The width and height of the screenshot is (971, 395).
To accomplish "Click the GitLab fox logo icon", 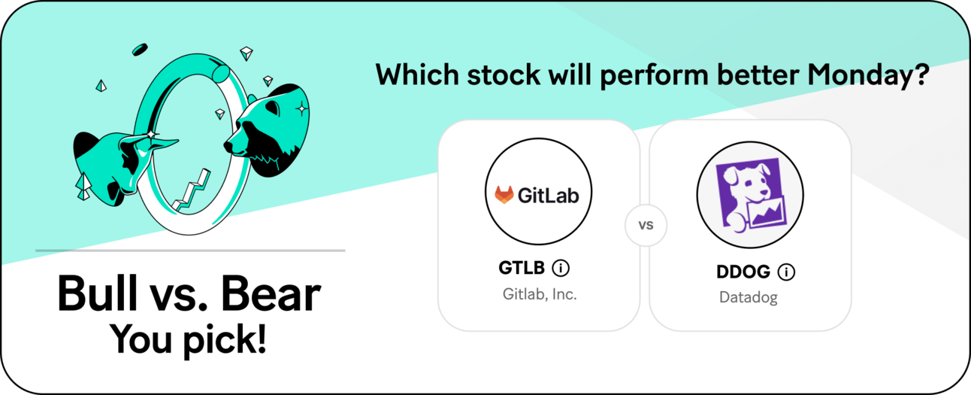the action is tap(504, 195).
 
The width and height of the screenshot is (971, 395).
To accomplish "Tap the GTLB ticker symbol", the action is tap(522, 268).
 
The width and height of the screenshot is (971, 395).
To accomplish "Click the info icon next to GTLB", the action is tap(561, 268).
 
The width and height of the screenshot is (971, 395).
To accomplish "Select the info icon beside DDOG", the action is tap(786, 272).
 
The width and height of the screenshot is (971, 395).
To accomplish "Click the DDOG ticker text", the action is tap(743, 272).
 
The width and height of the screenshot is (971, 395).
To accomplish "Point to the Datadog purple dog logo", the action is tap(750, 195).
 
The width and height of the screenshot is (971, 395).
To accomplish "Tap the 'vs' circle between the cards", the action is tap(646, 225).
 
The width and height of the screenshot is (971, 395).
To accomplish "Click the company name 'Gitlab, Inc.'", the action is tap(540, 294).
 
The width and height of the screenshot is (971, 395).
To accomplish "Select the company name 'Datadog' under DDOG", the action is tap(749, 297).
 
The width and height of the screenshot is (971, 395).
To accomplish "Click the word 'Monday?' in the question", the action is tap(868, 75).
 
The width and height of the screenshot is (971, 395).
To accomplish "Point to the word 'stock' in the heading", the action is tap(504, 74).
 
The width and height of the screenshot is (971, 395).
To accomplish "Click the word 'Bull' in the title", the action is tap(97, 293).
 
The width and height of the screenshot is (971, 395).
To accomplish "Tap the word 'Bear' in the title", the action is tap(271, 293).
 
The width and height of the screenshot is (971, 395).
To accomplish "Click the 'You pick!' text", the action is tap(189, 340).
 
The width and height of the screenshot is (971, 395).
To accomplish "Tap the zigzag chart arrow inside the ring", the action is tap(192, 191).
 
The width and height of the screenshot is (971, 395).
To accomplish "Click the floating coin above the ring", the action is tap(140, 50).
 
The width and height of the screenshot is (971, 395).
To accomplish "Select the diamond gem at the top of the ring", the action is tap(247, 53).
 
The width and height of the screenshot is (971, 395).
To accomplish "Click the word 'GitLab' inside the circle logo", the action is tap(549, 196).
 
